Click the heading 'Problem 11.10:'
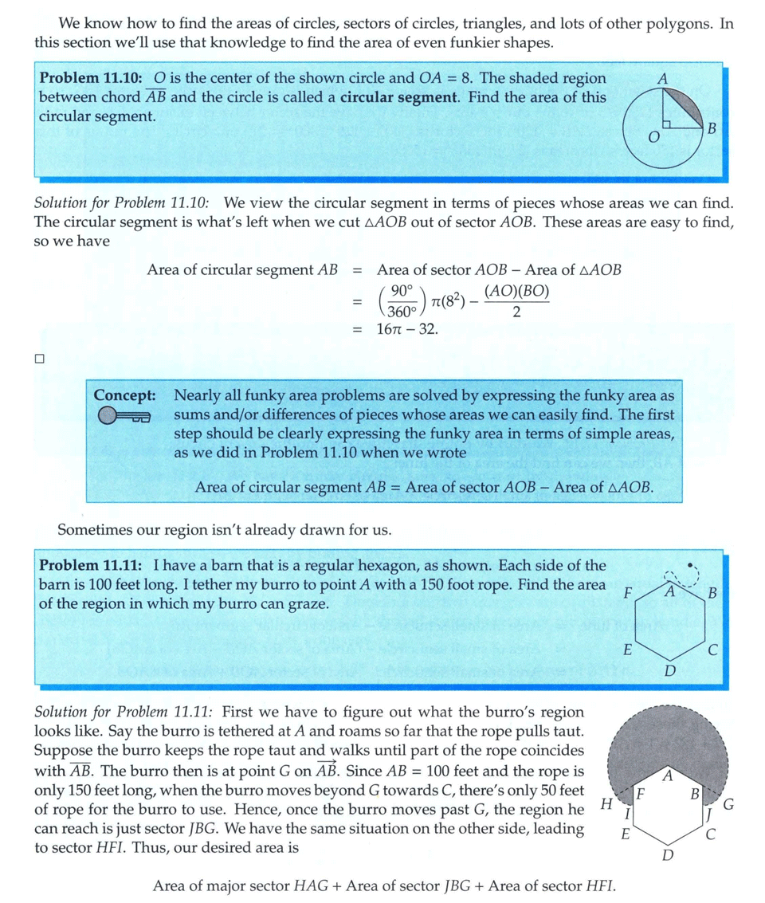91,79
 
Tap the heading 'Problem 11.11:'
91,566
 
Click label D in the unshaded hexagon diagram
670,671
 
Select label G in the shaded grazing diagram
728,806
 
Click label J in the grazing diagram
708,814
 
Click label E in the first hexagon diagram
628,650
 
